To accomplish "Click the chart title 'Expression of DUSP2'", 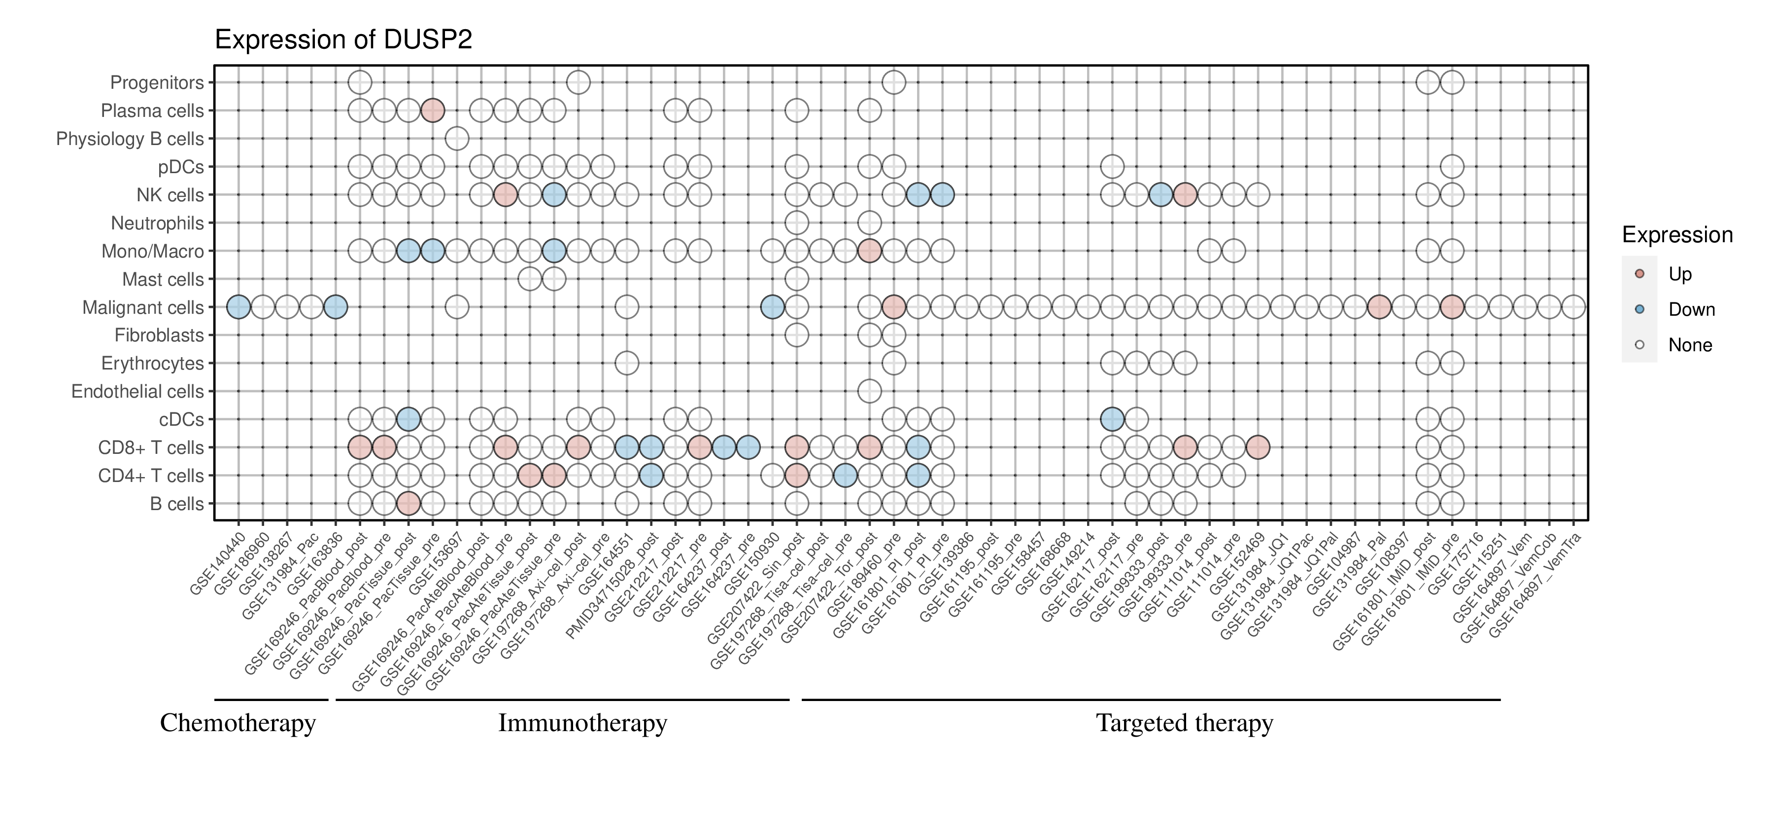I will [x=343, y=40].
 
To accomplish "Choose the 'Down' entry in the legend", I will [x=1691, y=309].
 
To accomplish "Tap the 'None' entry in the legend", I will [x=1689, y=345].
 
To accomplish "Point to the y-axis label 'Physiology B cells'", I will [x=130, y=139].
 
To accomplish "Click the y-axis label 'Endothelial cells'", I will [x=138, y=392].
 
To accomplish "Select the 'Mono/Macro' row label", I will [x=152, y=251].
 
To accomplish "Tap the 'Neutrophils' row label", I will [x=157, y=223].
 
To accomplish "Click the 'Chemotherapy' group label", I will [x=238, y=723].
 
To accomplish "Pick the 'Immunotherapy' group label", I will [x=582, y=723].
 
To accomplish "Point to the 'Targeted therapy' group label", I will [x=1185, y=723].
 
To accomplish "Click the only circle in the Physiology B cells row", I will [x=457, y=139].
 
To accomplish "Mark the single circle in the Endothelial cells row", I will [x=869, y=392].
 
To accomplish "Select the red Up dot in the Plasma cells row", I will [x=433, y=111].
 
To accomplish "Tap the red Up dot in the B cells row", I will [x=409, y=504].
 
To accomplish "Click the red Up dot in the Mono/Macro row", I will [x=869, y=251].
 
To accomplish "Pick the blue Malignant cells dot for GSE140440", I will [x=239, y=307].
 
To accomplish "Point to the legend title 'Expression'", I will [x=1677, y=235].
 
